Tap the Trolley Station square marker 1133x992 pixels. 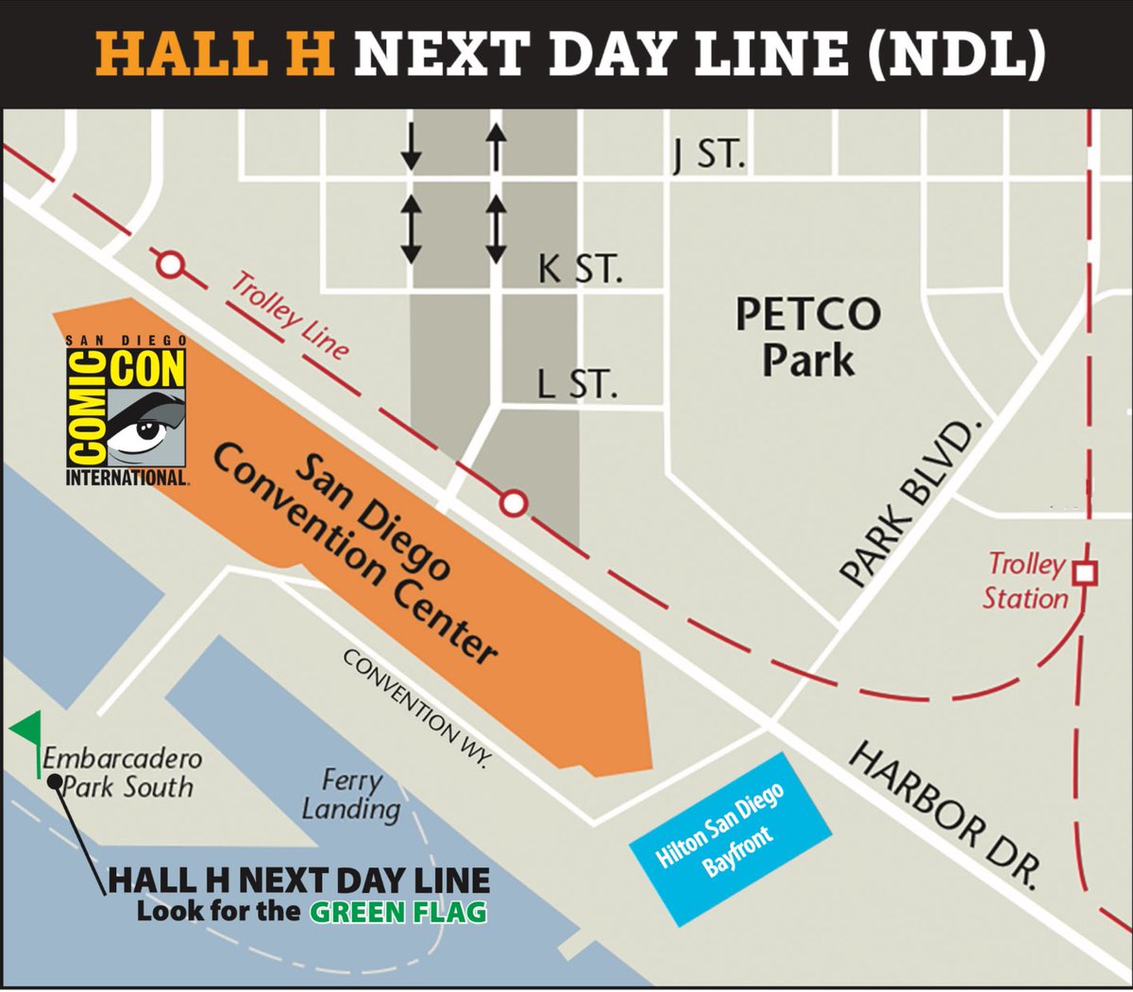point(1087,572)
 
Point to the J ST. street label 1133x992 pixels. point(709,153)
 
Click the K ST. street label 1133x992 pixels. point(580,268)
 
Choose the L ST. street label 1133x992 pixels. point(576,384)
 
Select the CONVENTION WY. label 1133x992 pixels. point(415,708)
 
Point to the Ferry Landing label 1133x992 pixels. point(351,795)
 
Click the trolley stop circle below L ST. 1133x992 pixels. point(513,503)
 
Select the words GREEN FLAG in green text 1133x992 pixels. point(398,913)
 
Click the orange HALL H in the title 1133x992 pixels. point(215,54)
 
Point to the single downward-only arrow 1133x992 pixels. point(411,146)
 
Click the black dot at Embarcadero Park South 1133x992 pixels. point(55,782)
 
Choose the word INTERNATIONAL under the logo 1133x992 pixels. point(127,478)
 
